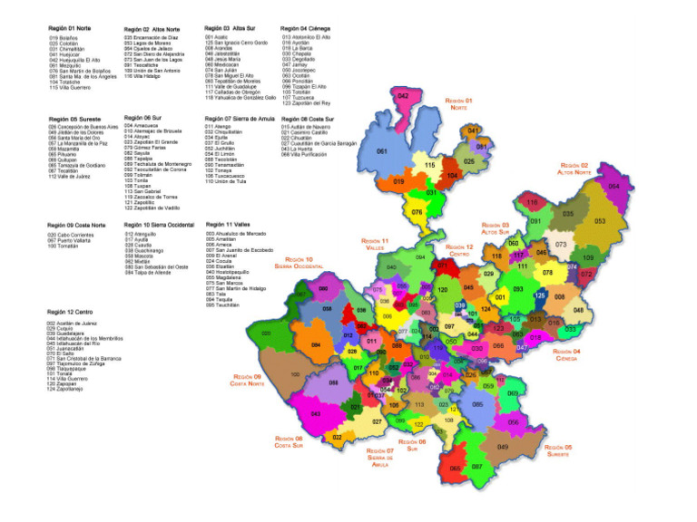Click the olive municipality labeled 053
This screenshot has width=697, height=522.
(599, 220)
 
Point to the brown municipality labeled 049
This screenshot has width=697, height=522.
(503, 446)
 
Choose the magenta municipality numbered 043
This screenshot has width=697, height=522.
(315, 413)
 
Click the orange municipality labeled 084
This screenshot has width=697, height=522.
(315, 345)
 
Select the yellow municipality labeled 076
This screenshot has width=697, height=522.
(417, 212)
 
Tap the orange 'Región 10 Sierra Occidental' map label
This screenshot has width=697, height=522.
(299, 263)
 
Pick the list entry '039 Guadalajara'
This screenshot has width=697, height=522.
(72, 333)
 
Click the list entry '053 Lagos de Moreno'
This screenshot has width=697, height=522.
(150, 43)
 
